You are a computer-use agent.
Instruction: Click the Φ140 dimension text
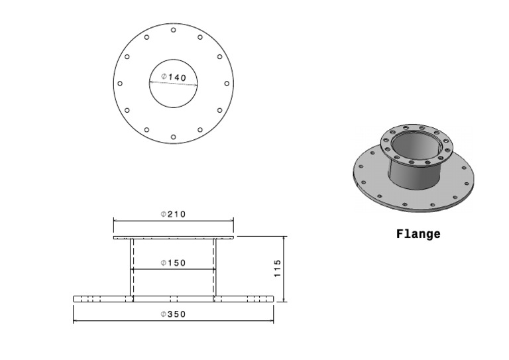click(x=174, y=78)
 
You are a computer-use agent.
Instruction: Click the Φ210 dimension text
click(x=173, y=214)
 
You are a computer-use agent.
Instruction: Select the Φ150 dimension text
click(x=173, y=263)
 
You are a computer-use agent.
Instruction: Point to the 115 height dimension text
click(x=278, y=268)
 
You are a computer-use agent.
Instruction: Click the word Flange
click(x=418, y=234)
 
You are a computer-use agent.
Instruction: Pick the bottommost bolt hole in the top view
click(x=173, y=137)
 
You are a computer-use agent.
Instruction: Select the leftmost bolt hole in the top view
click(x=120, y=84)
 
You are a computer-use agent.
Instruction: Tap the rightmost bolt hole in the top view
click(x=227, y=84)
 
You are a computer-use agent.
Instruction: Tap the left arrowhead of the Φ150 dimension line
click(x=133, y=269)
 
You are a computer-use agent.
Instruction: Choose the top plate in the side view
click(x=174, y=237)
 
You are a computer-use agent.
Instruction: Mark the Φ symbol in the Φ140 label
click(x=164, y=77)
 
